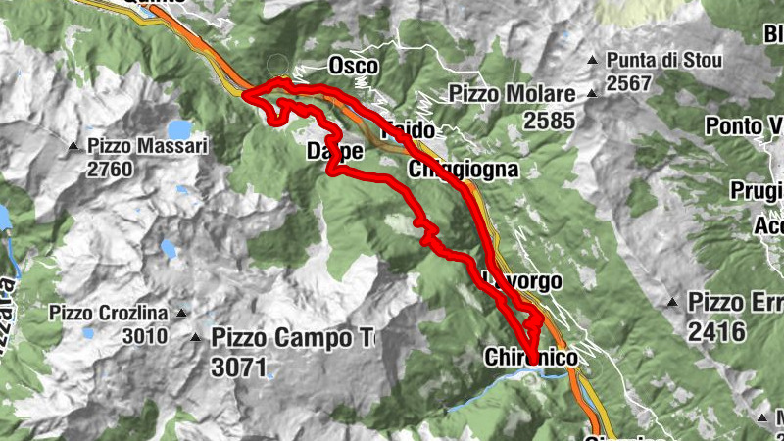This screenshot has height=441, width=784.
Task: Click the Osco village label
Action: coord(352,65)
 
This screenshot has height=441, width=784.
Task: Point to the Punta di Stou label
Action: coord(663,61)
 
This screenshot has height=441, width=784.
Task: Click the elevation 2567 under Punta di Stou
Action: coord(628,83)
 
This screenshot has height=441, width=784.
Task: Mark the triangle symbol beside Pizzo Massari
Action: coord(74,147)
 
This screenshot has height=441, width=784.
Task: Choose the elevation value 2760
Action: coord(111,168)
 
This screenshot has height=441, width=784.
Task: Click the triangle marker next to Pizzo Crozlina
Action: coord(180,315)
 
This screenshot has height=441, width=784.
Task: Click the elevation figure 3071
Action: coord(238,367)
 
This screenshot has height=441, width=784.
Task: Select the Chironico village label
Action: coord(531,361)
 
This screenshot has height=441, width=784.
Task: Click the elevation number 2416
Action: coord(717,332)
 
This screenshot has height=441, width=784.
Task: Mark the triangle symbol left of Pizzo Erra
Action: coord(672,302)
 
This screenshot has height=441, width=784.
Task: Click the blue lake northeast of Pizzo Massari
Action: coord(179,129)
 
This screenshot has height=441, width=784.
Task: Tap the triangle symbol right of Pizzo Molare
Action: coord(592,95)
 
